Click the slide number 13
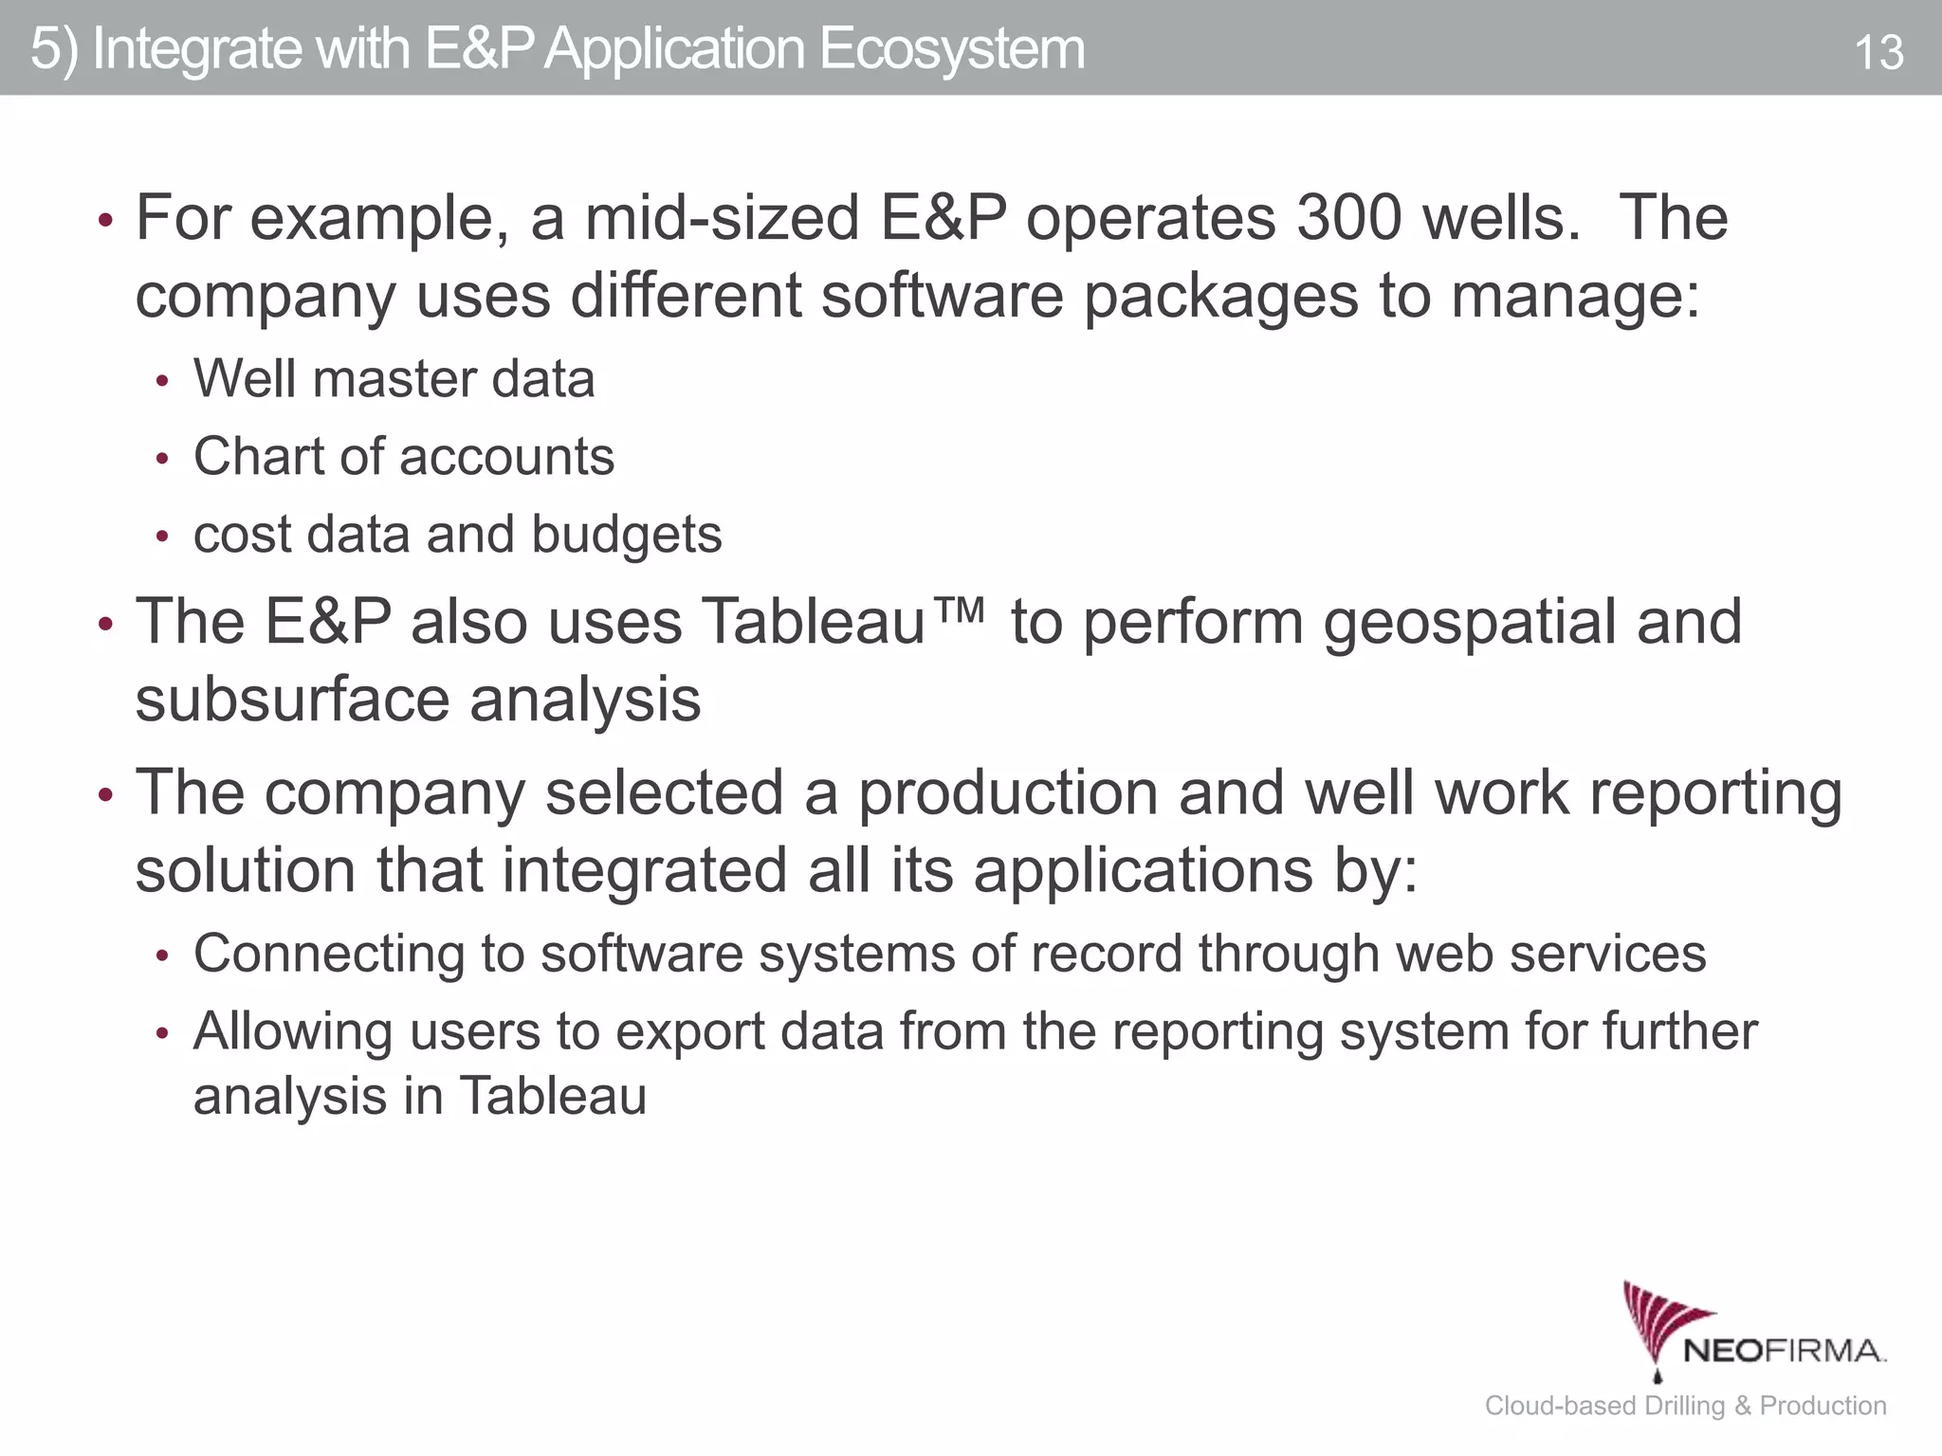pos(1878,52)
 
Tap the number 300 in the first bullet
pos(1348,217)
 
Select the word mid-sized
pos(722,217)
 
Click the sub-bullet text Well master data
pos(394,378)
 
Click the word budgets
pos(627,535)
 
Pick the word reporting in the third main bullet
pos(1715,792)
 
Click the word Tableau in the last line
pos(553,1096)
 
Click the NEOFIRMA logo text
pos(1784,1350)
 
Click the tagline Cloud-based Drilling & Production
pos(1685,1405)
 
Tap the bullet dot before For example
pos(106,222)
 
